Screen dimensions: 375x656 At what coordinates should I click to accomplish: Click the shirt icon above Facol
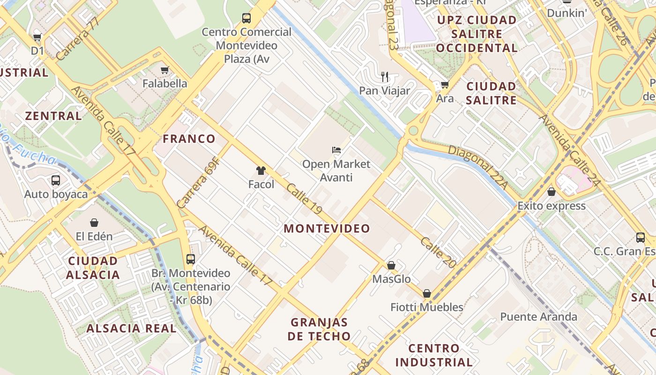coord(261,171)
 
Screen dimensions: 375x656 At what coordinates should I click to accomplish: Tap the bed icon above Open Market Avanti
coord(336,150)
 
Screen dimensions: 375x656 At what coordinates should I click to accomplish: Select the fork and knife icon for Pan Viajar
coord(385,76)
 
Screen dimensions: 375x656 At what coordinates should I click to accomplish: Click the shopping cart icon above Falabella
coord(164,70)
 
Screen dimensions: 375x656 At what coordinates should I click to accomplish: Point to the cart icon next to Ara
coord(445,85)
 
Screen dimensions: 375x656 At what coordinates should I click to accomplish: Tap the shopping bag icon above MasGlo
coord(391,265)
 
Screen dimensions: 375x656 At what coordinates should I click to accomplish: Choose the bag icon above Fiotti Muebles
coord(427,293)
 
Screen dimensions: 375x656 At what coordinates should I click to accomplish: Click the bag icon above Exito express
coord(552,192)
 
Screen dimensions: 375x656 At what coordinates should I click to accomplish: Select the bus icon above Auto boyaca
coord(56,180)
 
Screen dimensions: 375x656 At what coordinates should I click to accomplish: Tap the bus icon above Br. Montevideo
coord(190,259)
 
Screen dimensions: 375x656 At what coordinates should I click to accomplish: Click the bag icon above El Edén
coord(94,222)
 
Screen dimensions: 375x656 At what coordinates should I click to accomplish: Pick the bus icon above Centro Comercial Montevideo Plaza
coord(246,18)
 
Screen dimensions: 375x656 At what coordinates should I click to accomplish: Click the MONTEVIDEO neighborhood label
coord(327,229)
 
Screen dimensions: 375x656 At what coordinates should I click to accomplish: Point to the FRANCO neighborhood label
coord(189,139)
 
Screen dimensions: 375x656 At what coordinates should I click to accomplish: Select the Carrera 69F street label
coord(198,182)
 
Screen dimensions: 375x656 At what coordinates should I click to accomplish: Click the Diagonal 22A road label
coord(477,167)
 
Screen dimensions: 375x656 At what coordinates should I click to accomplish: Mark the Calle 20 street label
coord(438,253)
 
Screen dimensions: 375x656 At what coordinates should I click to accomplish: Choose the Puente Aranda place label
coord(538,317)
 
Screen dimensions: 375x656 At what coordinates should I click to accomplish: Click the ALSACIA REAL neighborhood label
coord(131,328)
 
